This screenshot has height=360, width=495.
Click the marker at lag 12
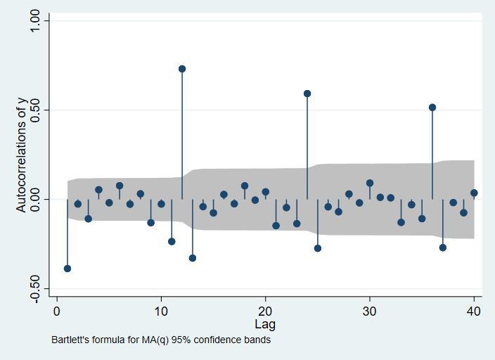(182, 69)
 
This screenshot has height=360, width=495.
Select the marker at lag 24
(307, 94)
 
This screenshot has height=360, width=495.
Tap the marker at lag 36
(432, 108)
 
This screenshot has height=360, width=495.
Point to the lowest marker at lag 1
(67, 269)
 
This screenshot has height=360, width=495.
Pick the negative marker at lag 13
(193, 258)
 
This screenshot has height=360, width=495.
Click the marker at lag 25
(318, 248)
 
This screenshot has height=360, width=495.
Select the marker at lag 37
(443, 247)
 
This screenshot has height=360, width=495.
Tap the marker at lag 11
(172, 241)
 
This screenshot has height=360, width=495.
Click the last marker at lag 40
(474, 193)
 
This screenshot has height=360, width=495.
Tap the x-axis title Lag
(265, 325)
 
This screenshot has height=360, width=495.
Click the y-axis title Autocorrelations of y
(21, 154)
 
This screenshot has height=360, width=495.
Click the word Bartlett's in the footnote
(70, 340)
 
